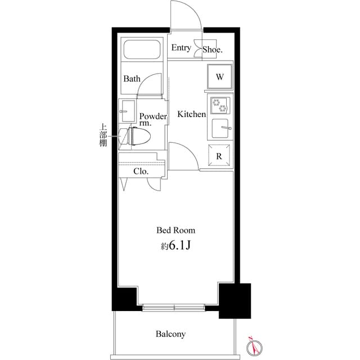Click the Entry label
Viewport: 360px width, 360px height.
point(181,48)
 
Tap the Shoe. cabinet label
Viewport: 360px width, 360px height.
point(213,49)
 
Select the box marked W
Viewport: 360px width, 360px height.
point(220,77)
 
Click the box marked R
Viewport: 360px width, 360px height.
point(219,156)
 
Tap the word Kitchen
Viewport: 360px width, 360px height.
point(192,114)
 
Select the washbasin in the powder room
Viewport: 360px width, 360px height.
point(127,109)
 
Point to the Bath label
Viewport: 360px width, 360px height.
point(132,79)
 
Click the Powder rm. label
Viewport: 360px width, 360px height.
point(153,119)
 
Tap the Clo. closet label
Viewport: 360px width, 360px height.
point(141,172)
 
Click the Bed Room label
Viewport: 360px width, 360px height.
point(175,230)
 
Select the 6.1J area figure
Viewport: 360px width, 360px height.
point(175,246)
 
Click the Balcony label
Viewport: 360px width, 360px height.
point(170,334)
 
